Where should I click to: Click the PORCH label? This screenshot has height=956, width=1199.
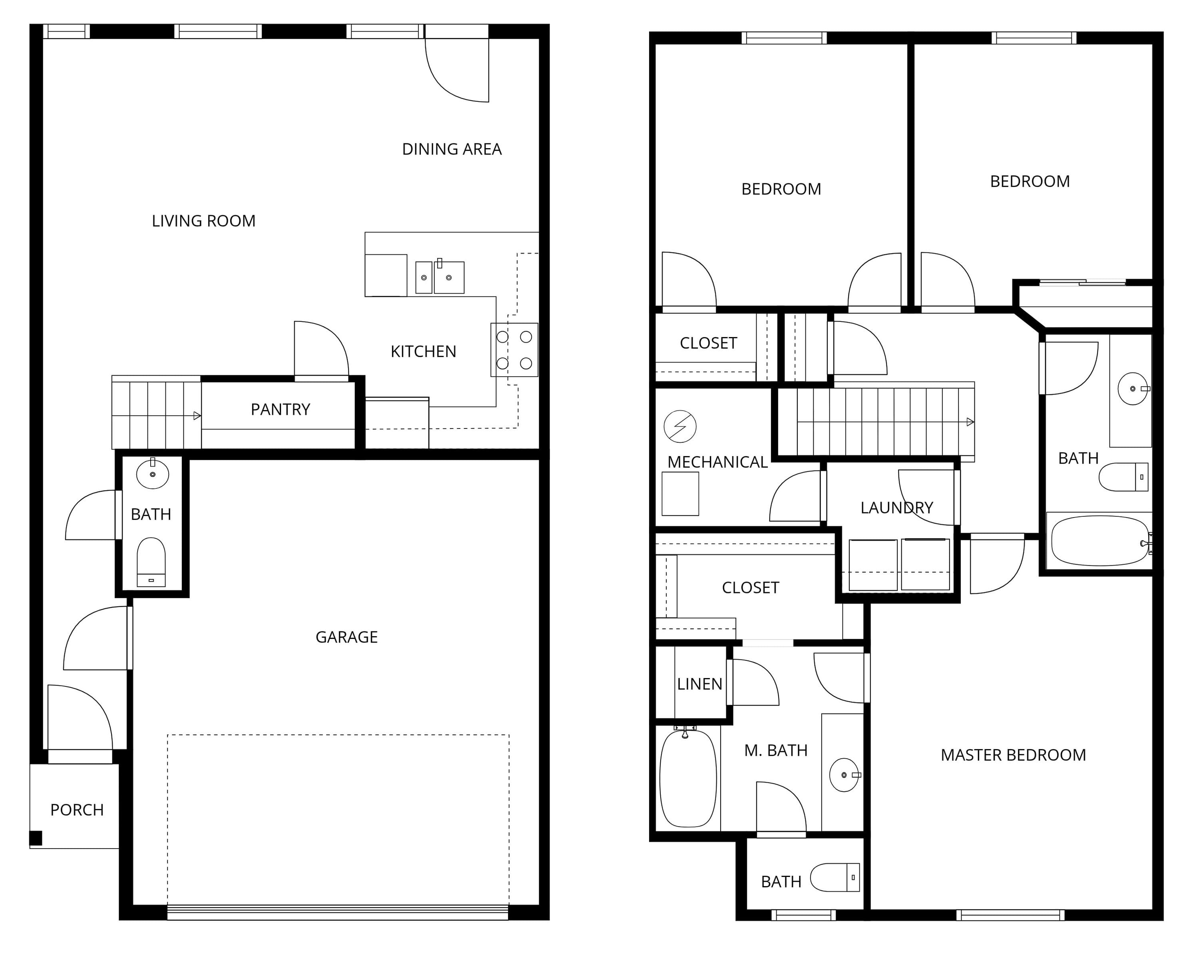point(77,810)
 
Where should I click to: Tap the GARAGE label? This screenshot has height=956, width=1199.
point(347,637)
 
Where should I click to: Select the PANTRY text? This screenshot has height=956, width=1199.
point(280,410)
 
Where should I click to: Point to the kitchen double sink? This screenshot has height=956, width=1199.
point(440,277)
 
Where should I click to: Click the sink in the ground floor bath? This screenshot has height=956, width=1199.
point(152,474)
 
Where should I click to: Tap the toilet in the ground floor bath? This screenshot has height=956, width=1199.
point(151,561)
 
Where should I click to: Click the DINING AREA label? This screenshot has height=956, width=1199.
point(452,149)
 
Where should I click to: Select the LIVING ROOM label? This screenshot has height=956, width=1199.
point(203,221)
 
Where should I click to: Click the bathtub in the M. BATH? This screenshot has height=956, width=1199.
point(688,778)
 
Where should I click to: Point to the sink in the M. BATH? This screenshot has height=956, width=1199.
point(844,775)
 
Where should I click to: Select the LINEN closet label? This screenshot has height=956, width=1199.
point(699,684)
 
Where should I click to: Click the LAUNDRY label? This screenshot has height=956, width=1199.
point(896,508)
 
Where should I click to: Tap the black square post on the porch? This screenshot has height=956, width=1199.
point(36,838)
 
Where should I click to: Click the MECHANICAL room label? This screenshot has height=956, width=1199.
point(717,462)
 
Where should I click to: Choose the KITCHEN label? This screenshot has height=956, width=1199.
point(423,351)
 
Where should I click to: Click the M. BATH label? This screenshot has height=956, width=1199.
point(776,750)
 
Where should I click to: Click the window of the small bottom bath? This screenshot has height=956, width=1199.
point(804,914)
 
